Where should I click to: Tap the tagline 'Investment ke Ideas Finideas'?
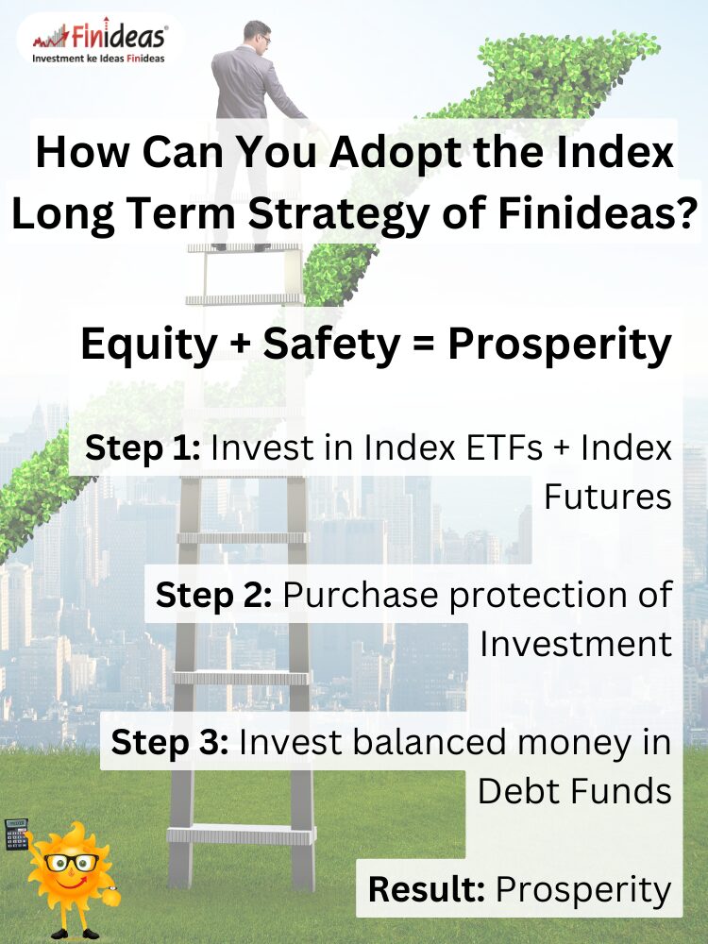pyautogui.click(x=99, y=59)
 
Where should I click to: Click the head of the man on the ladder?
pyautogui.click(x=257, y=34)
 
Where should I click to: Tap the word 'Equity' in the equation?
pyautogui.click(x=149, y=345)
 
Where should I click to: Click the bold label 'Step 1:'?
pyautogui.click(x=143, y=448)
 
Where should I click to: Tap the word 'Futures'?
pyautogui.click(x=607, y=497)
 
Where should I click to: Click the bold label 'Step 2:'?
pyautogui.click(x=213, y=595)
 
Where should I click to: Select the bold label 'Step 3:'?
pyautogui.click(x=170, y=742)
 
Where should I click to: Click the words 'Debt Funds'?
pyautogui.click(x=574, y=790)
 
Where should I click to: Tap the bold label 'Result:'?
pyautogui.click(x=427, y=889)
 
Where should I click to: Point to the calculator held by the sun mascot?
pyautogui.click(x=16, y=834)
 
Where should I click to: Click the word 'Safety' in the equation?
pyautogui.click(x=331, y=345)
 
